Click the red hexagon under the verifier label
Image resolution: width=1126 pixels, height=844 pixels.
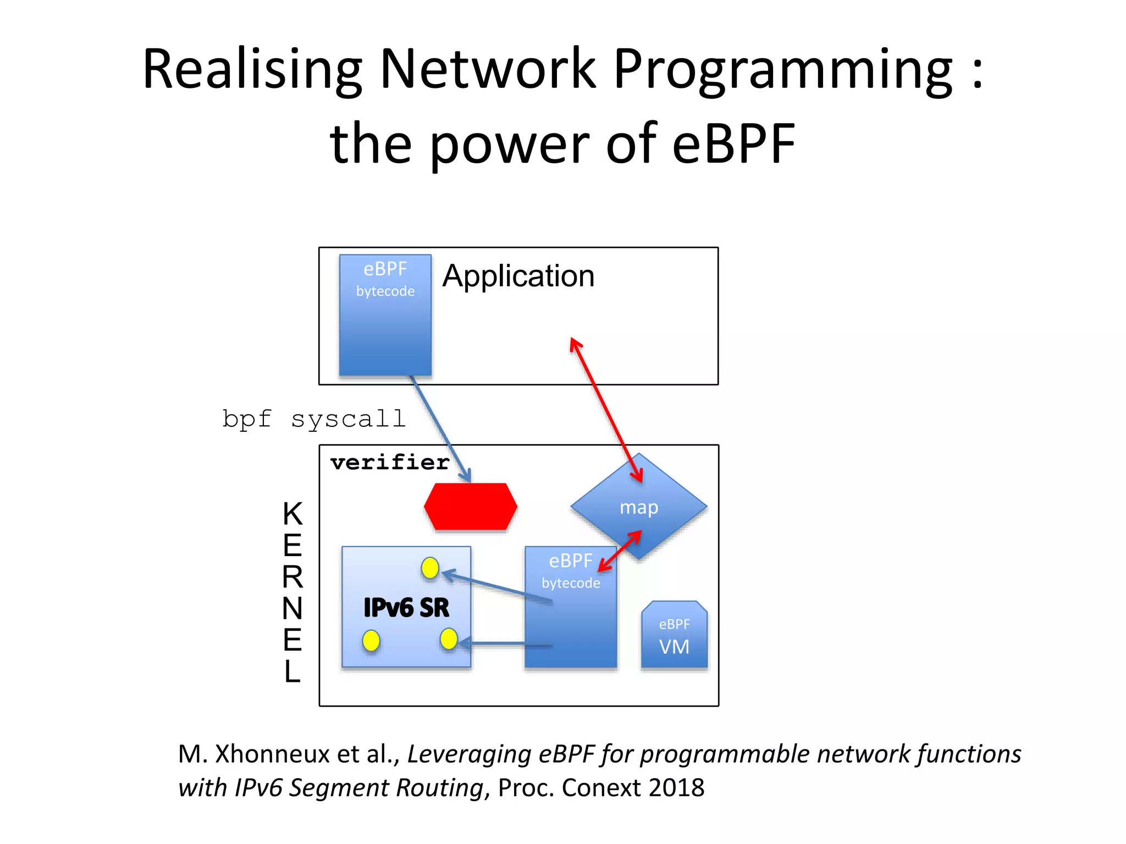click(x=471, y=507)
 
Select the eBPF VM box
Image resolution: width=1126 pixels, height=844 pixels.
click(x=674, y=636)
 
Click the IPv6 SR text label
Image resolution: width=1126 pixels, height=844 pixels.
click(x=406, y=608)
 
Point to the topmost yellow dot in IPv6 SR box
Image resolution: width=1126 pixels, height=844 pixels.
click(x=430, y=568)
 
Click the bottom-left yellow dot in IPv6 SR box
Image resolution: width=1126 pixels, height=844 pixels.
click(x=371, y=641)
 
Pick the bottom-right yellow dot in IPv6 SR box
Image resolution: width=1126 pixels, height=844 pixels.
click(x=449, y=638)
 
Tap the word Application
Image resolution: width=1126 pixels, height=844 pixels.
click(x=518, y=276)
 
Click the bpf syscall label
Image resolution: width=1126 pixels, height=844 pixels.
click(x=314, y=419)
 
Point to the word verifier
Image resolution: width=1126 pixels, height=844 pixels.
click(x=390, y=462)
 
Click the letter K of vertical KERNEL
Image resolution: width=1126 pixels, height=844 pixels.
click(x=292, y=514)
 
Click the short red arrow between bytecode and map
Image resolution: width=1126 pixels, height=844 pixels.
click(x=620, y=551)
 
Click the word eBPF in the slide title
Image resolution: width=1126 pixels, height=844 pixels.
click(x=733, y=144)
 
